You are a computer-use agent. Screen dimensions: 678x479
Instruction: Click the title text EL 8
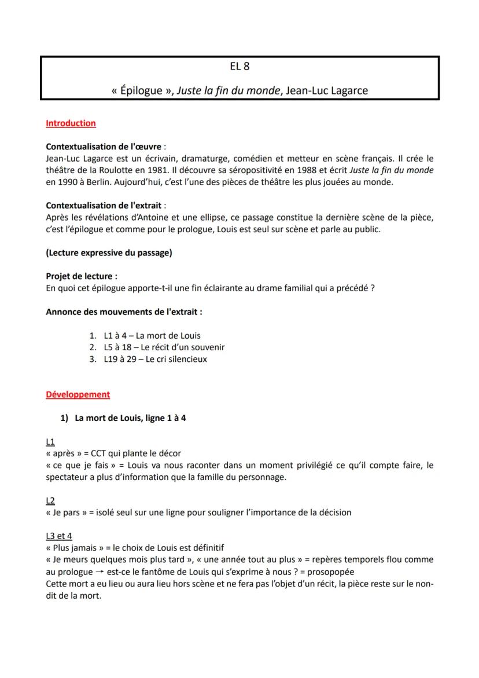tap(239, 66)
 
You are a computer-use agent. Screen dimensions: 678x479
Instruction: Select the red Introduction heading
tap(71, 123)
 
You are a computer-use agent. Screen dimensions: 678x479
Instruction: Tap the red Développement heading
tap(78, 394)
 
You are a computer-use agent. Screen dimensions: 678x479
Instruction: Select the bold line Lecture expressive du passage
tap(109, 252)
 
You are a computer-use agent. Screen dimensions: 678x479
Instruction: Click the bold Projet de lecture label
tap(80, 276)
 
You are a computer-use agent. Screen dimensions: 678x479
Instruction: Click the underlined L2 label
tap(50, 500)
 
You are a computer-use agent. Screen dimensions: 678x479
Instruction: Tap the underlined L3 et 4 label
tap(59, 536)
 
